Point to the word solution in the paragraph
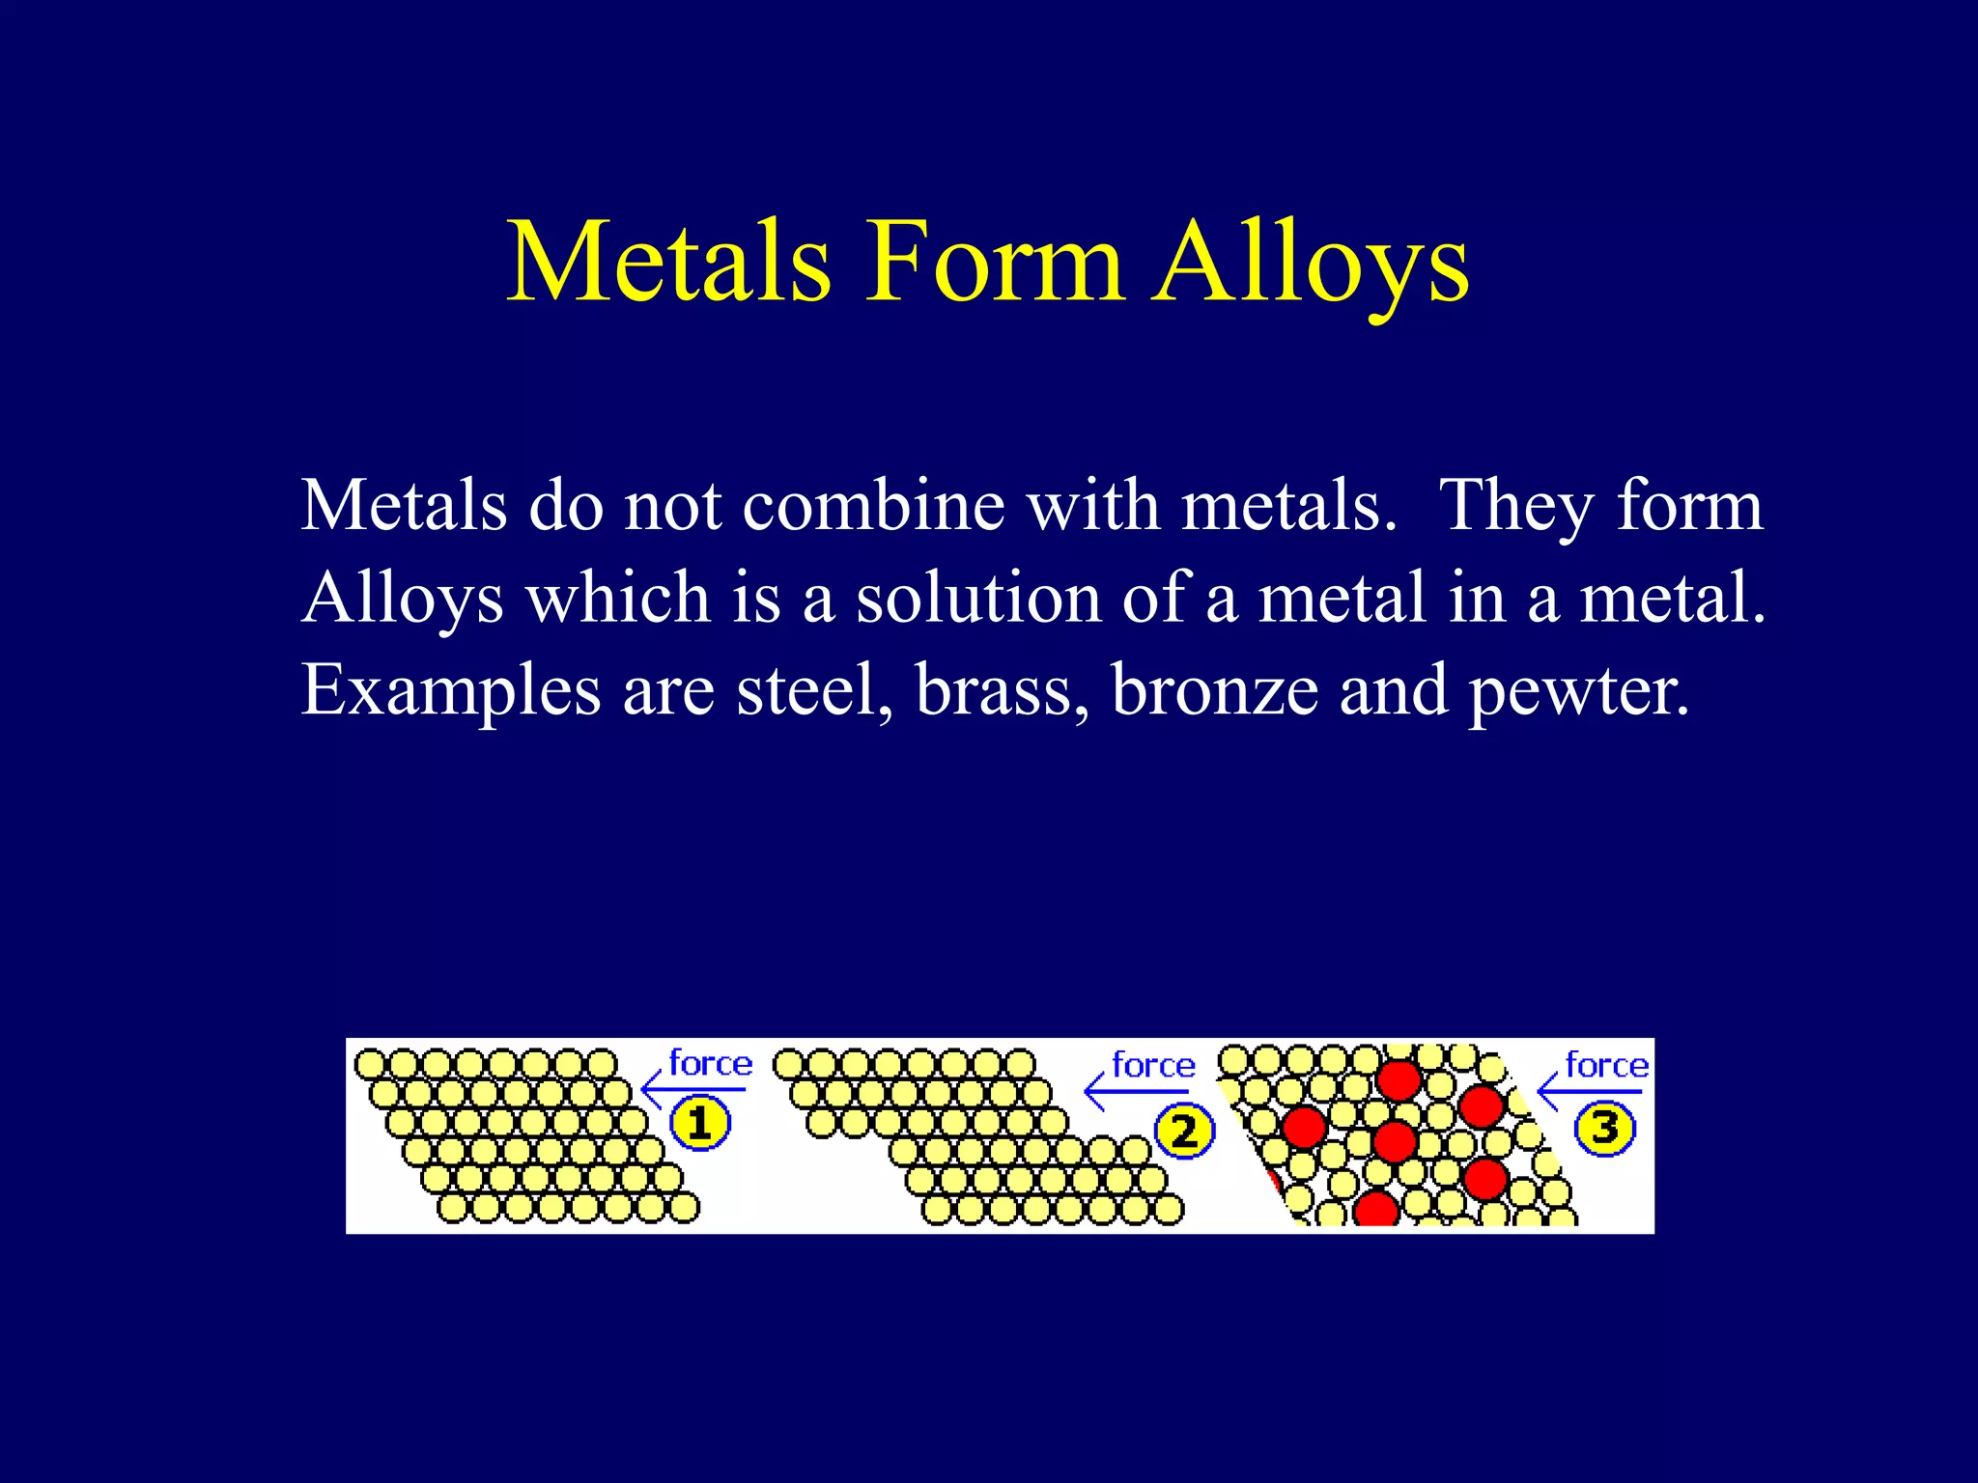(x=977, y=597)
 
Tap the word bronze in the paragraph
(x=1214, y=689)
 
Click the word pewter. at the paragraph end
(x=1579, y=691)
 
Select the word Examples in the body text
(x=450, y=691)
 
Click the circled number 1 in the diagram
(x=700, y=1124)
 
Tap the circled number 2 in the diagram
(x=1184, y=1131)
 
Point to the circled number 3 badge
(x=1604, y=1128)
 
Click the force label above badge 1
(x=710, y=1063)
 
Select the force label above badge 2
(x=1153, y=1065)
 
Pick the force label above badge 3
(x=1606, y=1065)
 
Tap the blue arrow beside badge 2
(x=1137, y=1093)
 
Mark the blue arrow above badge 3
(x=1590, y=1093)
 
